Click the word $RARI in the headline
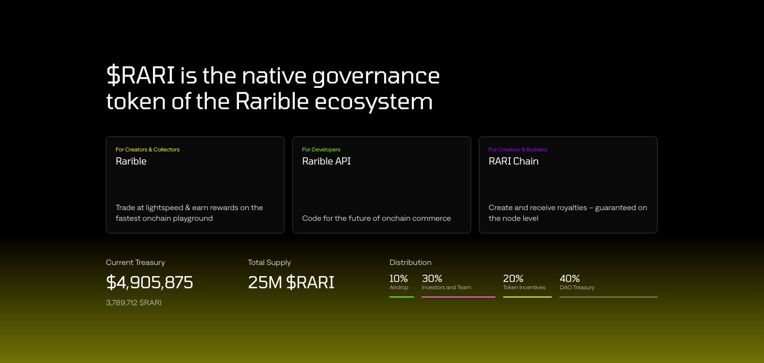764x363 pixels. pyautogui.click(x=140, y=75)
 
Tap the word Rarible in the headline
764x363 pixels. pyautogui.click(x=272, y=101)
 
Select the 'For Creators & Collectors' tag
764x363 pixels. pyautogui.click(x=147, y=149)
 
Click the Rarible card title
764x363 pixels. pyautogui.click(x=131, y=161)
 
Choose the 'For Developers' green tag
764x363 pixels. pyautogui.click(x=321, y=149)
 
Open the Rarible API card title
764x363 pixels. pyautogui.click(x=326, y=161)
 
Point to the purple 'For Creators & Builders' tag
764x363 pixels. pyautogui.click(x=517, y=149)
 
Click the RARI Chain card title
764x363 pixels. pyautogui.click(x=513, y=161)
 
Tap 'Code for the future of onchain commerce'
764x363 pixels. pyautogui.click(x=376, y=218)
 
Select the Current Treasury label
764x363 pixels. pyautogui.click(x=136, y=263)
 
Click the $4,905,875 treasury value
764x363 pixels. pyautogui.click(x=150, y=282)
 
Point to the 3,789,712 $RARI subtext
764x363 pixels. pyautogui.click(x=134, y=303)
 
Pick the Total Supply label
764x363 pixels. pyautogui.click(x=269, y=263)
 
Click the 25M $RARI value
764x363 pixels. pyautogui.click(x=291, y=282)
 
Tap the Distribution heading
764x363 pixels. pyautogui.click(x=410, y=263)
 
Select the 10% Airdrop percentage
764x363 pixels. pyautogui.click(x=398, y=279)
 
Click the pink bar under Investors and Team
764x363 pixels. pyautogui.click(x=458, y=297)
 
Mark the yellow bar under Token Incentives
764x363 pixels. pyautogui.click(x=527, y=297)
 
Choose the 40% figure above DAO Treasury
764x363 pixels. pyautogui.click(x=570, y=279)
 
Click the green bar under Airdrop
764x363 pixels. pyautogui.click(x=402, y=297)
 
